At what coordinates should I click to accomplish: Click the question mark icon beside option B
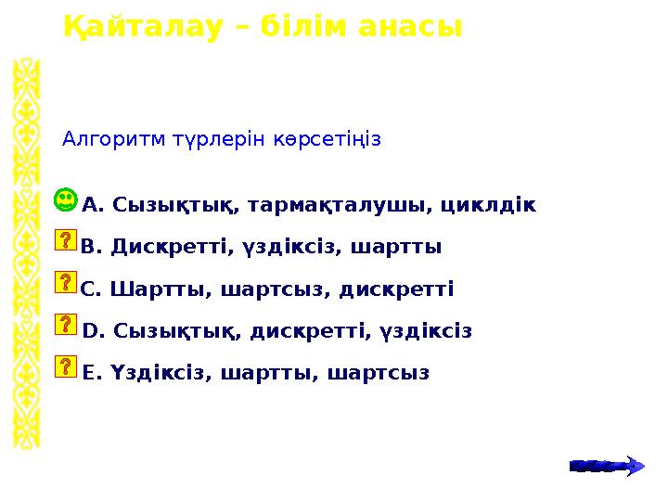tap(67, 242)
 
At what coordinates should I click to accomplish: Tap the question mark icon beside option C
tap(67, 282)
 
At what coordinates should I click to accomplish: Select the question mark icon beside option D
tap(67, 324)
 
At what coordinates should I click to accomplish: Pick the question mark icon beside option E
tap(67, 366)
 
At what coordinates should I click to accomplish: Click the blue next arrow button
tap(606, 466)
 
